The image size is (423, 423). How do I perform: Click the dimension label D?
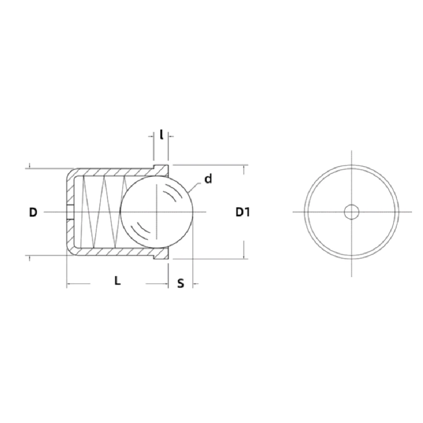click(33, 212)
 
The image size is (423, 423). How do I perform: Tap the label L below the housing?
click(118, 280)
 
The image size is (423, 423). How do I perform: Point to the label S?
click(181, 283)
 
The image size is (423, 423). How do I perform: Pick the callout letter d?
click(208, 179)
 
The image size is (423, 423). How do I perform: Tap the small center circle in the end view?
click(351, 211)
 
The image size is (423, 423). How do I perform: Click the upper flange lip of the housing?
click(161, 169)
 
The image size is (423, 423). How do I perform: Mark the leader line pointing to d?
click(195, 186)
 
